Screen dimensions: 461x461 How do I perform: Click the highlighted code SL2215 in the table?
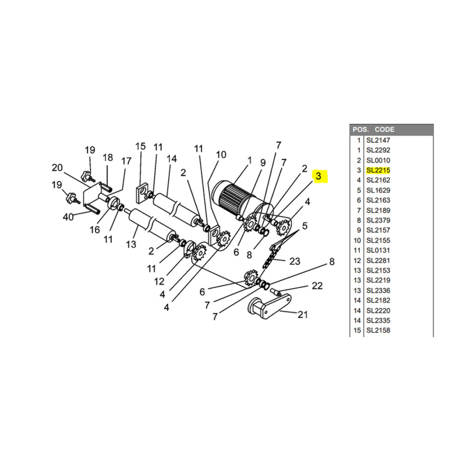click(x=378, y=170)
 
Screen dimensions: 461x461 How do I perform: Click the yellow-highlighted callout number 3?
click(x=319, y=176)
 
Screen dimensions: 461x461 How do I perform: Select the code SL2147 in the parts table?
click(x=378, y=140)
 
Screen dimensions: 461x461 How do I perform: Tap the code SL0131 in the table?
click(x=378, y=250)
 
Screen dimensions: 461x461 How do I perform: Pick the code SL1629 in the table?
click(x=378, y=190)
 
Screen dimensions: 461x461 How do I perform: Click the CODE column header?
click(x=384, y=130)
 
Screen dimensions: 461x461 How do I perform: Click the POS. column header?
click(x=361, y=130)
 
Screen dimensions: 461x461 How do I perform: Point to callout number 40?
click(x=68, y=217)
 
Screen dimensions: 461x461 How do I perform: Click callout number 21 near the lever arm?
click(x=302, y=314)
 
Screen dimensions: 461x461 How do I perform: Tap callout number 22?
click(x=317, y=285)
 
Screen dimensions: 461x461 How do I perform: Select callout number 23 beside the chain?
click(x=295, y=261)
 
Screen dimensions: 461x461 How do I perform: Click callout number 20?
click(x=57, y=168)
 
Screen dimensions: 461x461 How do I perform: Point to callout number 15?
click(x=141, y=146)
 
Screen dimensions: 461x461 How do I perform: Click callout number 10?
click(x=221, y=154)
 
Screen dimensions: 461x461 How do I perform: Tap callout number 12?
click(x=159, y=281)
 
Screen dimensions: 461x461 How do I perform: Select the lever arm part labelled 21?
click(x=269, y=307)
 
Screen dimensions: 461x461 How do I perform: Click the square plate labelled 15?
click(x=142, y=193)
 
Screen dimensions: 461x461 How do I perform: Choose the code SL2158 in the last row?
click(x=378, y=330)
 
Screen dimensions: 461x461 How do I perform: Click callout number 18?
click(x=107, y=157)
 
